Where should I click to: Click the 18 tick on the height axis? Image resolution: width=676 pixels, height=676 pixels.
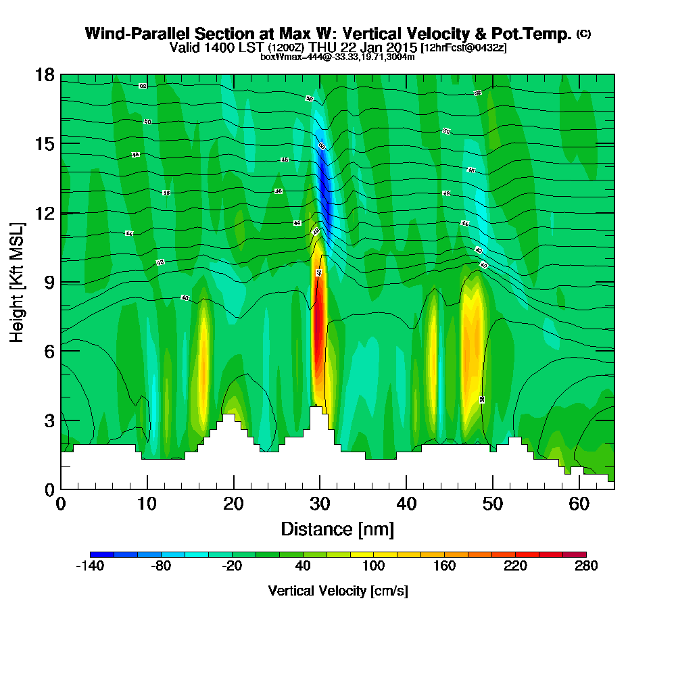(x=61, y=74)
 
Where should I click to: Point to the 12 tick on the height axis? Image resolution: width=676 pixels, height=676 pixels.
(x=61, y=213)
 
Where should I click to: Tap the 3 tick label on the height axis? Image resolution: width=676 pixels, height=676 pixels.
(x=48, y=420)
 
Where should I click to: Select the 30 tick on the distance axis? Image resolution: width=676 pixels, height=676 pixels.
(x=320, y=489)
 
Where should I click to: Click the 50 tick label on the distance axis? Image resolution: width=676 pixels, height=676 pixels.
(x=493, y=504)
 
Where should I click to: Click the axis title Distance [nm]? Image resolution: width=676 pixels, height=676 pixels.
(x=337, y=529)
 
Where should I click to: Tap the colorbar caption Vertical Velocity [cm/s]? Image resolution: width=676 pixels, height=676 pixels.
(x=337, y=591)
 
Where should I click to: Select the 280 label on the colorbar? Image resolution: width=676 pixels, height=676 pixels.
(x=586, y=566)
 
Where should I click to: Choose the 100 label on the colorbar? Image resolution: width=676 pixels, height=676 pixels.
(x=373, y=566)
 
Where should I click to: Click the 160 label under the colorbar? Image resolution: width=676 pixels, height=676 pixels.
(x=444, y=566)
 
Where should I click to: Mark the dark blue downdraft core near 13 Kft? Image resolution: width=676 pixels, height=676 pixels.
(x=324, y=186)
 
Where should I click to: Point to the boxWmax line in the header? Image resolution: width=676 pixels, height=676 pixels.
(x=337, y=57)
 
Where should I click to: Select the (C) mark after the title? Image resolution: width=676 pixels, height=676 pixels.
(x=583, y=33)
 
